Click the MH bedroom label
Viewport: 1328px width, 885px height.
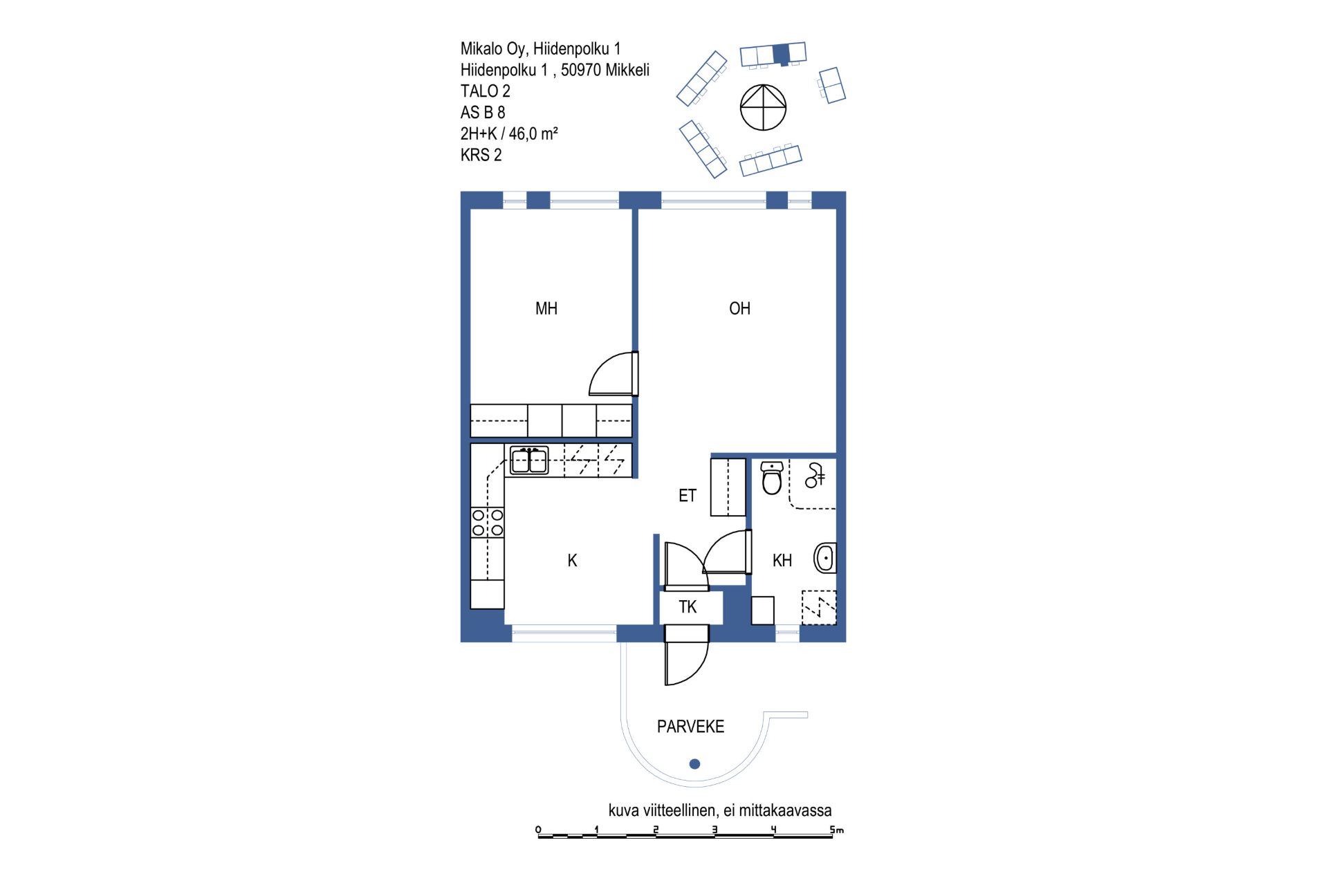546,308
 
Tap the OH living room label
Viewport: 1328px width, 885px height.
739,308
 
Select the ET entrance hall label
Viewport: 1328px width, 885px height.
687,496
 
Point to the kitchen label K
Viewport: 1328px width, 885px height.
572,560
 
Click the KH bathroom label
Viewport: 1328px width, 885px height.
782,560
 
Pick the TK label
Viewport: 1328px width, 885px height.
688,607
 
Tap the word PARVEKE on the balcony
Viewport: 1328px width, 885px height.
690,727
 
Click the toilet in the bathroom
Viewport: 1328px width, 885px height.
772,478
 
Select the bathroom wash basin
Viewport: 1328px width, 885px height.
825,558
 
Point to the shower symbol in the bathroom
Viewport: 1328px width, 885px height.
815,476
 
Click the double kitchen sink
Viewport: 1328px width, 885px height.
529,460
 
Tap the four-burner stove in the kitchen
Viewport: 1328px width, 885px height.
488,523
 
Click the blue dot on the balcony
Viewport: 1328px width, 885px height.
695,764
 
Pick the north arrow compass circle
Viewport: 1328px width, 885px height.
764,107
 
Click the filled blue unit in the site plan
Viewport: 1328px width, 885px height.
781,54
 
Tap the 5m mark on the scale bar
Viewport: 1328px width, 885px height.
836,829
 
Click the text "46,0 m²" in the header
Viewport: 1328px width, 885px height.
533,133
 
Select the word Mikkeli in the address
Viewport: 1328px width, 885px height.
627,70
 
